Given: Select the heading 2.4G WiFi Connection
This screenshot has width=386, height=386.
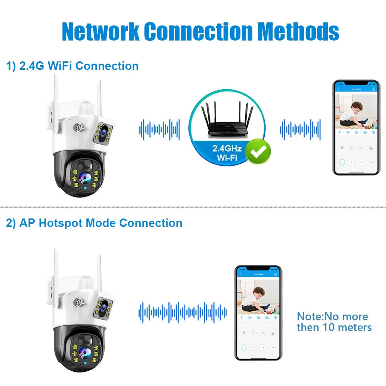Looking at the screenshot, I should click(73, 66).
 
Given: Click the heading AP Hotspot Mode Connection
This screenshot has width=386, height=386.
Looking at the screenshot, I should click(94, 223).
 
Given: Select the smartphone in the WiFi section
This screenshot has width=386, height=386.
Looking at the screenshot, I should click(356, 127).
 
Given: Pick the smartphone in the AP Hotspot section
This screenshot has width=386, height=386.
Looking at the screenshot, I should click(258, 313).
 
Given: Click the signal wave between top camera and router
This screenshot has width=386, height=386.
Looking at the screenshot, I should click(159, 129).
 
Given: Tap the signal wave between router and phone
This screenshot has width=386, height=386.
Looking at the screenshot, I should click(300, 129).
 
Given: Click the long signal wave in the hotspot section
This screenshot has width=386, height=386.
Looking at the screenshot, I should click(183, 312).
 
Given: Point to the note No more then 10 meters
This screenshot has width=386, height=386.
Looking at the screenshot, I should click(334, 322).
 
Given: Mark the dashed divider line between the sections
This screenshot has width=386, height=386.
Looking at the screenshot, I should click(193, 207).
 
